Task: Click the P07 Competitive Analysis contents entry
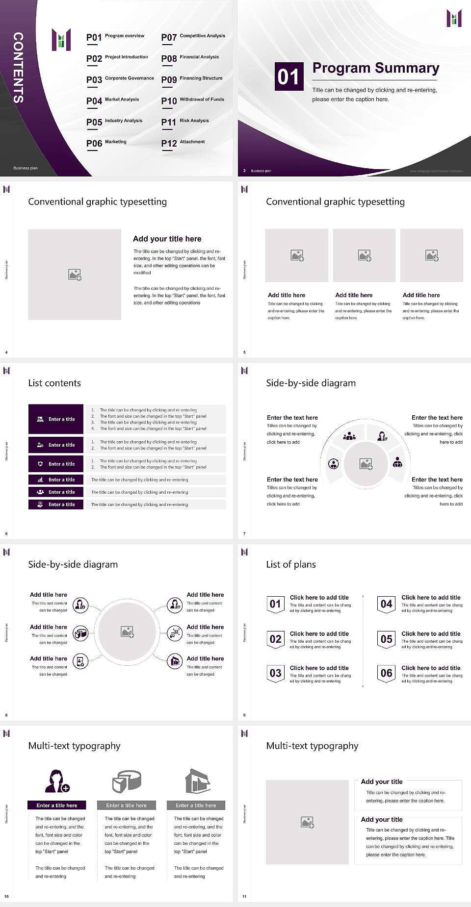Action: pos(193,37)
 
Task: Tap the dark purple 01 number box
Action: pos(288,76)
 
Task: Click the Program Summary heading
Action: pos(375,68)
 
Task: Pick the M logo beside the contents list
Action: pos(61,40)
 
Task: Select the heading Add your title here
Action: pos(167,239)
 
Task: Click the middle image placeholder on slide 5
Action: pos(364,255)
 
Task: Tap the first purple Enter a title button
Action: pos(56,419)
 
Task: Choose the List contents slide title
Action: pos(54,383)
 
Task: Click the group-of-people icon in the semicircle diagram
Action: pos(349,435)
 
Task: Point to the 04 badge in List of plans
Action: pos(387,604)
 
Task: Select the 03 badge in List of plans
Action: pos(276,673)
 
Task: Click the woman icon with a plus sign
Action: pos(57,781)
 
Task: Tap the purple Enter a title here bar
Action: pos(56,805)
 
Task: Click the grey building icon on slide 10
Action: pos(198,781)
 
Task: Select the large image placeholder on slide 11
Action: pos(307,822)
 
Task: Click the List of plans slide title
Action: pos(291,564)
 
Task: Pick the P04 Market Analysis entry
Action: pos(113,101)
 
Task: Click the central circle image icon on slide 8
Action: pos(128,632)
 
